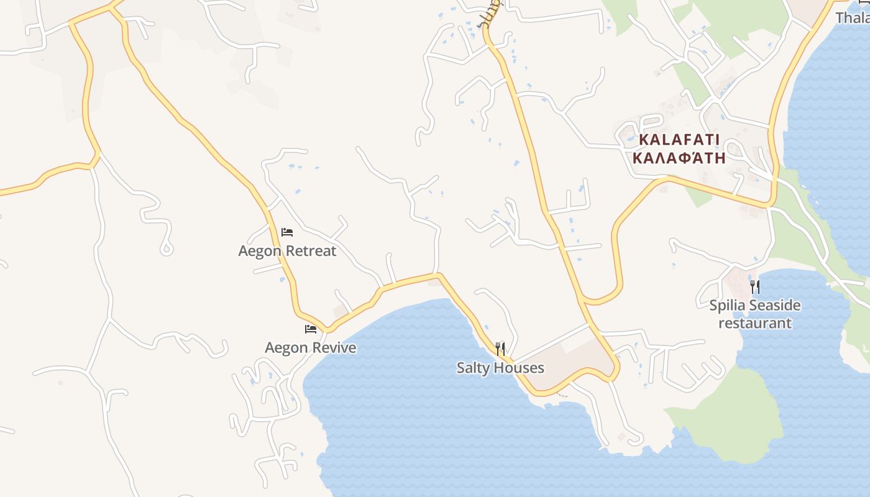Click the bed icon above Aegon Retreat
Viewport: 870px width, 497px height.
[x=287, y=232]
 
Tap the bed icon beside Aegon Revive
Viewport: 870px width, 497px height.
[x=311, y=329]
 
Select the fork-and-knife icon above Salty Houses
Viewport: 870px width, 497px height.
[x=500, y=349]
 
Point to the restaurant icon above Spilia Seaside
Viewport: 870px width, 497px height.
[x=755, y=286]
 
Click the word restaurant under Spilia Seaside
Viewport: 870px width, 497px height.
[x=755, y=323]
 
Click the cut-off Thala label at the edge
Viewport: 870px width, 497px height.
[x=852, y=17]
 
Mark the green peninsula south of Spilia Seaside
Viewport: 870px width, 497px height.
[x=739, y=416]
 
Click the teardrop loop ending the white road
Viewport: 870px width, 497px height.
[x=166, y=250]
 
